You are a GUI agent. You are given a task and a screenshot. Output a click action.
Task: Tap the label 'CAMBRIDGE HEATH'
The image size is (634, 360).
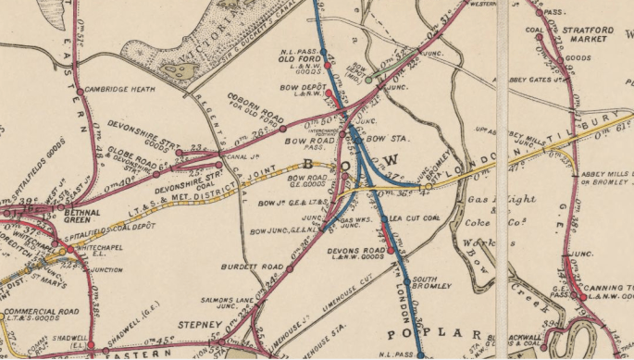coord(116,90)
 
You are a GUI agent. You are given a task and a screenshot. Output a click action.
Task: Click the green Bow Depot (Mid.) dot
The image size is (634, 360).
coord(368,80)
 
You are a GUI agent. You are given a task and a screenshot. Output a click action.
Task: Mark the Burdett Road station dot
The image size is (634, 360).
coord(290,271)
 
